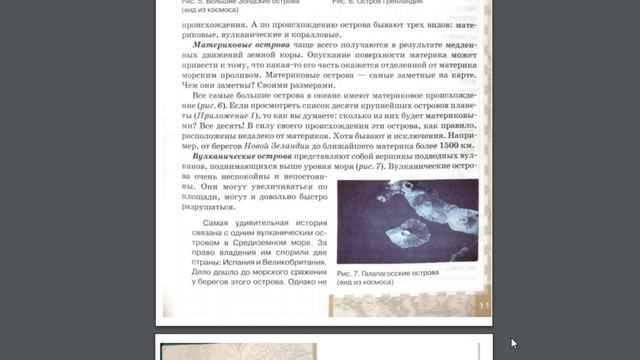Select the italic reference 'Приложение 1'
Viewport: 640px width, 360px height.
pos(228,115)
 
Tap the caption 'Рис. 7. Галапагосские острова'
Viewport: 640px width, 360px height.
pos(389,272)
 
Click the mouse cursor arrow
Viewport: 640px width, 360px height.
pos(514,343)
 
